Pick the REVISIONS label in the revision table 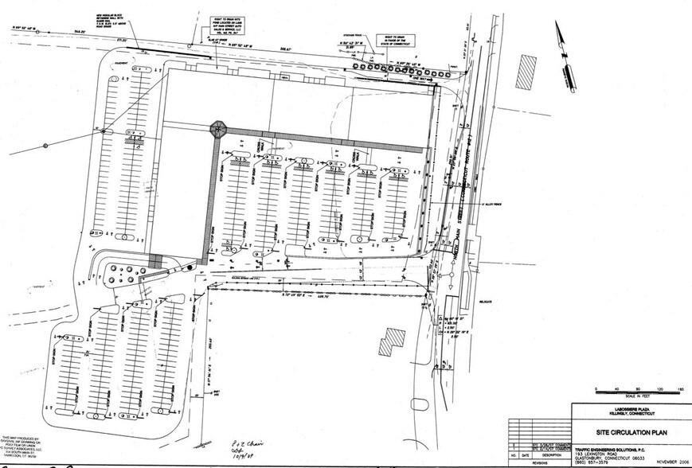tap(541, 462)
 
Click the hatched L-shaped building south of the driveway tap(390, 341)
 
